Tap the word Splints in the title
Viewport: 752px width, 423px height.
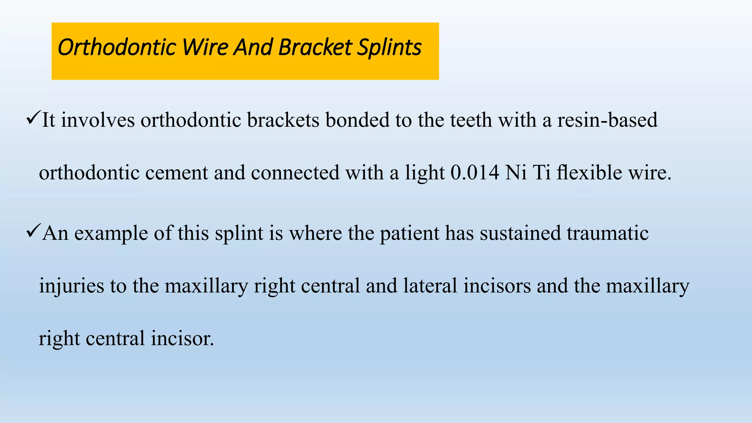390,48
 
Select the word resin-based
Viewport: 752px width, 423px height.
607,120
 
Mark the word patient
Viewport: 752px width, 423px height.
409,234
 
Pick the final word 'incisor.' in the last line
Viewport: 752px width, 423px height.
182,339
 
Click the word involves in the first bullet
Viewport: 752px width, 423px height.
98,120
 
